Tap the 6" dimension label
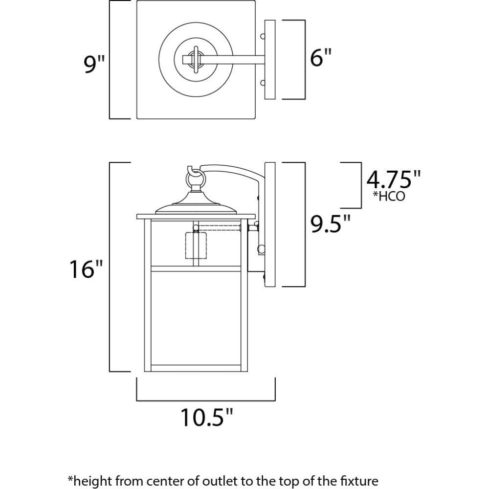click(x=320, y=57)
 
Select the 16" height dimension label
click(x=86, y=269)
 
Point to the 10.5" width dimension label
click(x=207, y=417)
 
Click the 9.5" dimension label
click(x=330, y=223)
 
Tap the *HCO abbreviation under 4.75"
click(x=389, y=196)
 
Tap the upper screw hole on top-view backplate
click(x=263, y=36)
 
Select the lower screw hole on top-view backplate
click(x=263, y=83)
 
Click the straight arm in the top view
click(x=231, y=60)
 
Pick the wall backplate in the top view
click(x=270, y=60)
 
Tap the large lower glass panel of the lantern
click(x=196, y=318)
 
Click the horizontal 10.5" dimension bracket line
click(x=206, y=400)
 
